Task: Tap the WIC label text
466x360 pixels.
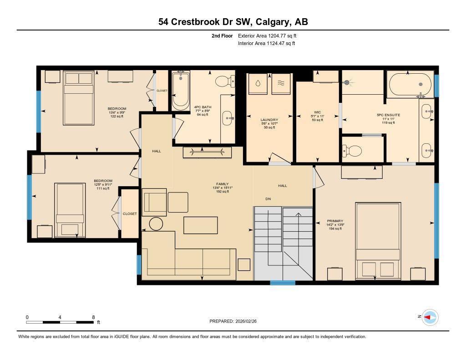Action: (318, 112)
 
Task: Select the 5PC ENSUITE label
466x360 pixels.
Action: (388, 115)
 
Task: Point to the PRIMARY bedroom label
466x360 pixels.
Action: (334, 221)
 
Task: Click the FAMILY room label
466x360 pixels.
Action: (222, 184)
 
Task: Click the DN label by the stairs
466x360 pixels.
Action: (268, 199)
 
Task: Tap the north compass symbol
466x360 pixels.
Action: (429, 317)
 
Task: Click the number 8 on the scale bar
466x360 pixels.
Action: (93, 317)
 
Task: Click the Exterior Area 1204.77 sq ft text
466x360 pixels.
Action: (268, 35)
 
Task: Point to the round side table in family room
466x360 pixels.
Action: (156, 223)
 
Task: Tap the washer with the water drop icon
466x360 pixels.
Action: (258, 84)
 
